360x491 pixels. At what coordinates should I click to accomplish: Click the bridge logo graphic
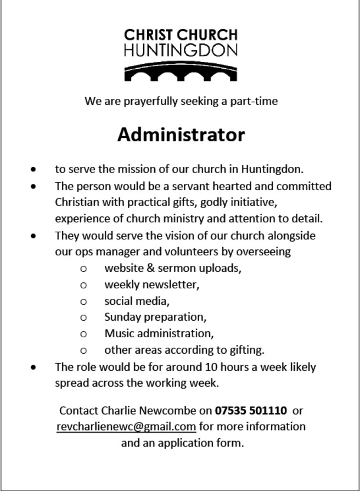[181, 72]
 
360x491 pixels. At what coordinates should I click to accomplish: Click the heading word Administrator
[181, 135]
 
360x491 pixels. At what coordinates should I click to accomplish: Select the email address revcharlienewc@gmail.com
[126, 426]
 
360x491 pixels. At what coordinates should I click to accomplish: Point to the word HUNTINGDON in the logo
[181, 52]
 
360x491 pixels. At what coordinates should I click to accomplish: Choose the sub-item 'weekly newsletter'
[151, 285]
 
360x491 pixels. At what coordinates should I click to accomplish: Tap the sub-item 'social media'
[137, 301]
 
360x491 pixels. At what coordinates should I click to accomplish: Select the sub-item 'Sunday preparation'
[155, 317]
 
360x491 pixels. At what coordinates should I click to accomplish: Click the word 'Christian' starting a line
[77, 202]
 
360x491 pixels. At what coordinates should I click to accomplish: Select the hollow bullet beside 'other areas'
[83, 350]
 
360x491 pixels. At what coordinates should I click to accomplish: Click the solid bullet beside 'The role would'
[35, 367]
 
